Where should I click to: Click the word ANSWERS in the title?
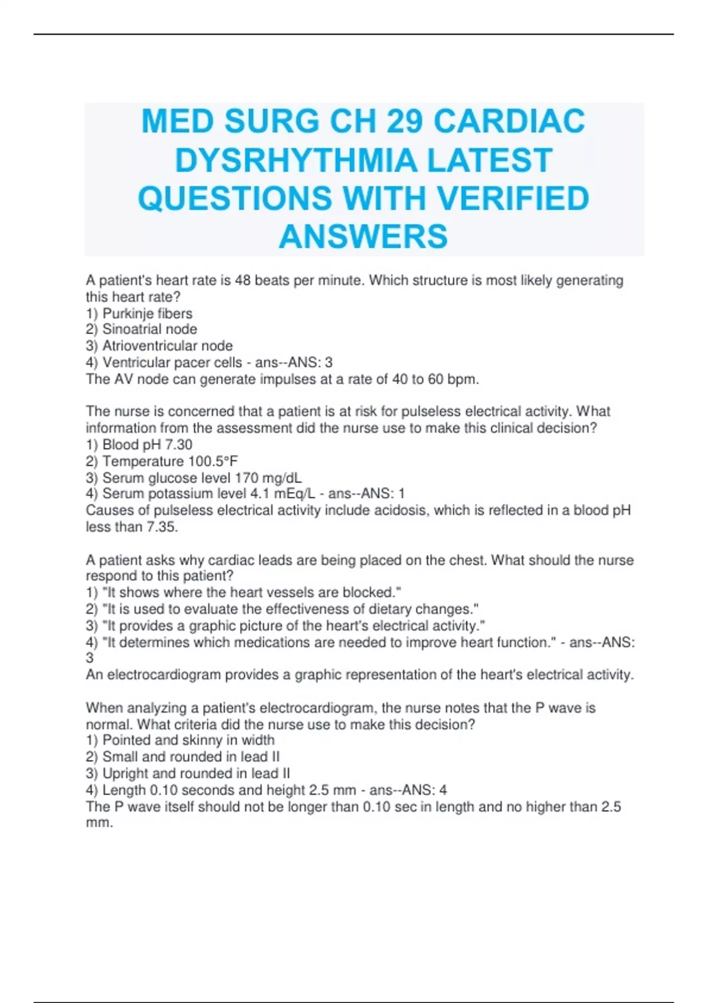363,237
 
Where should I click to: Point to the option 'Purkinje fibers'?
147,313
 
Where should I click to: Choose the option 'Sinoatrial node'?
149,329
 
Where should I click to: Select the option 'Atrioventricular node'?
167,346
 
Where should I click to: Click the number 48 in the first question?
242,280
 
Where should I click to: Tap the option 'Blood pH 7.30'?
147,444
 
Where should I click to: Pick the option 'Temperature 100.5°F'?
170,461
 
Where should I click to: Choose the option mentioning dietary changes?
290,609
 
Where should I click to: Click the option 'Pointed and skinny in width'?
188,740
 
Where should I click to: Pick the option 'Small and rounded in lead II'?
191,756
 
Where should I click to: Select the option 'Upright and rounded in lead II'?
196,773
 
